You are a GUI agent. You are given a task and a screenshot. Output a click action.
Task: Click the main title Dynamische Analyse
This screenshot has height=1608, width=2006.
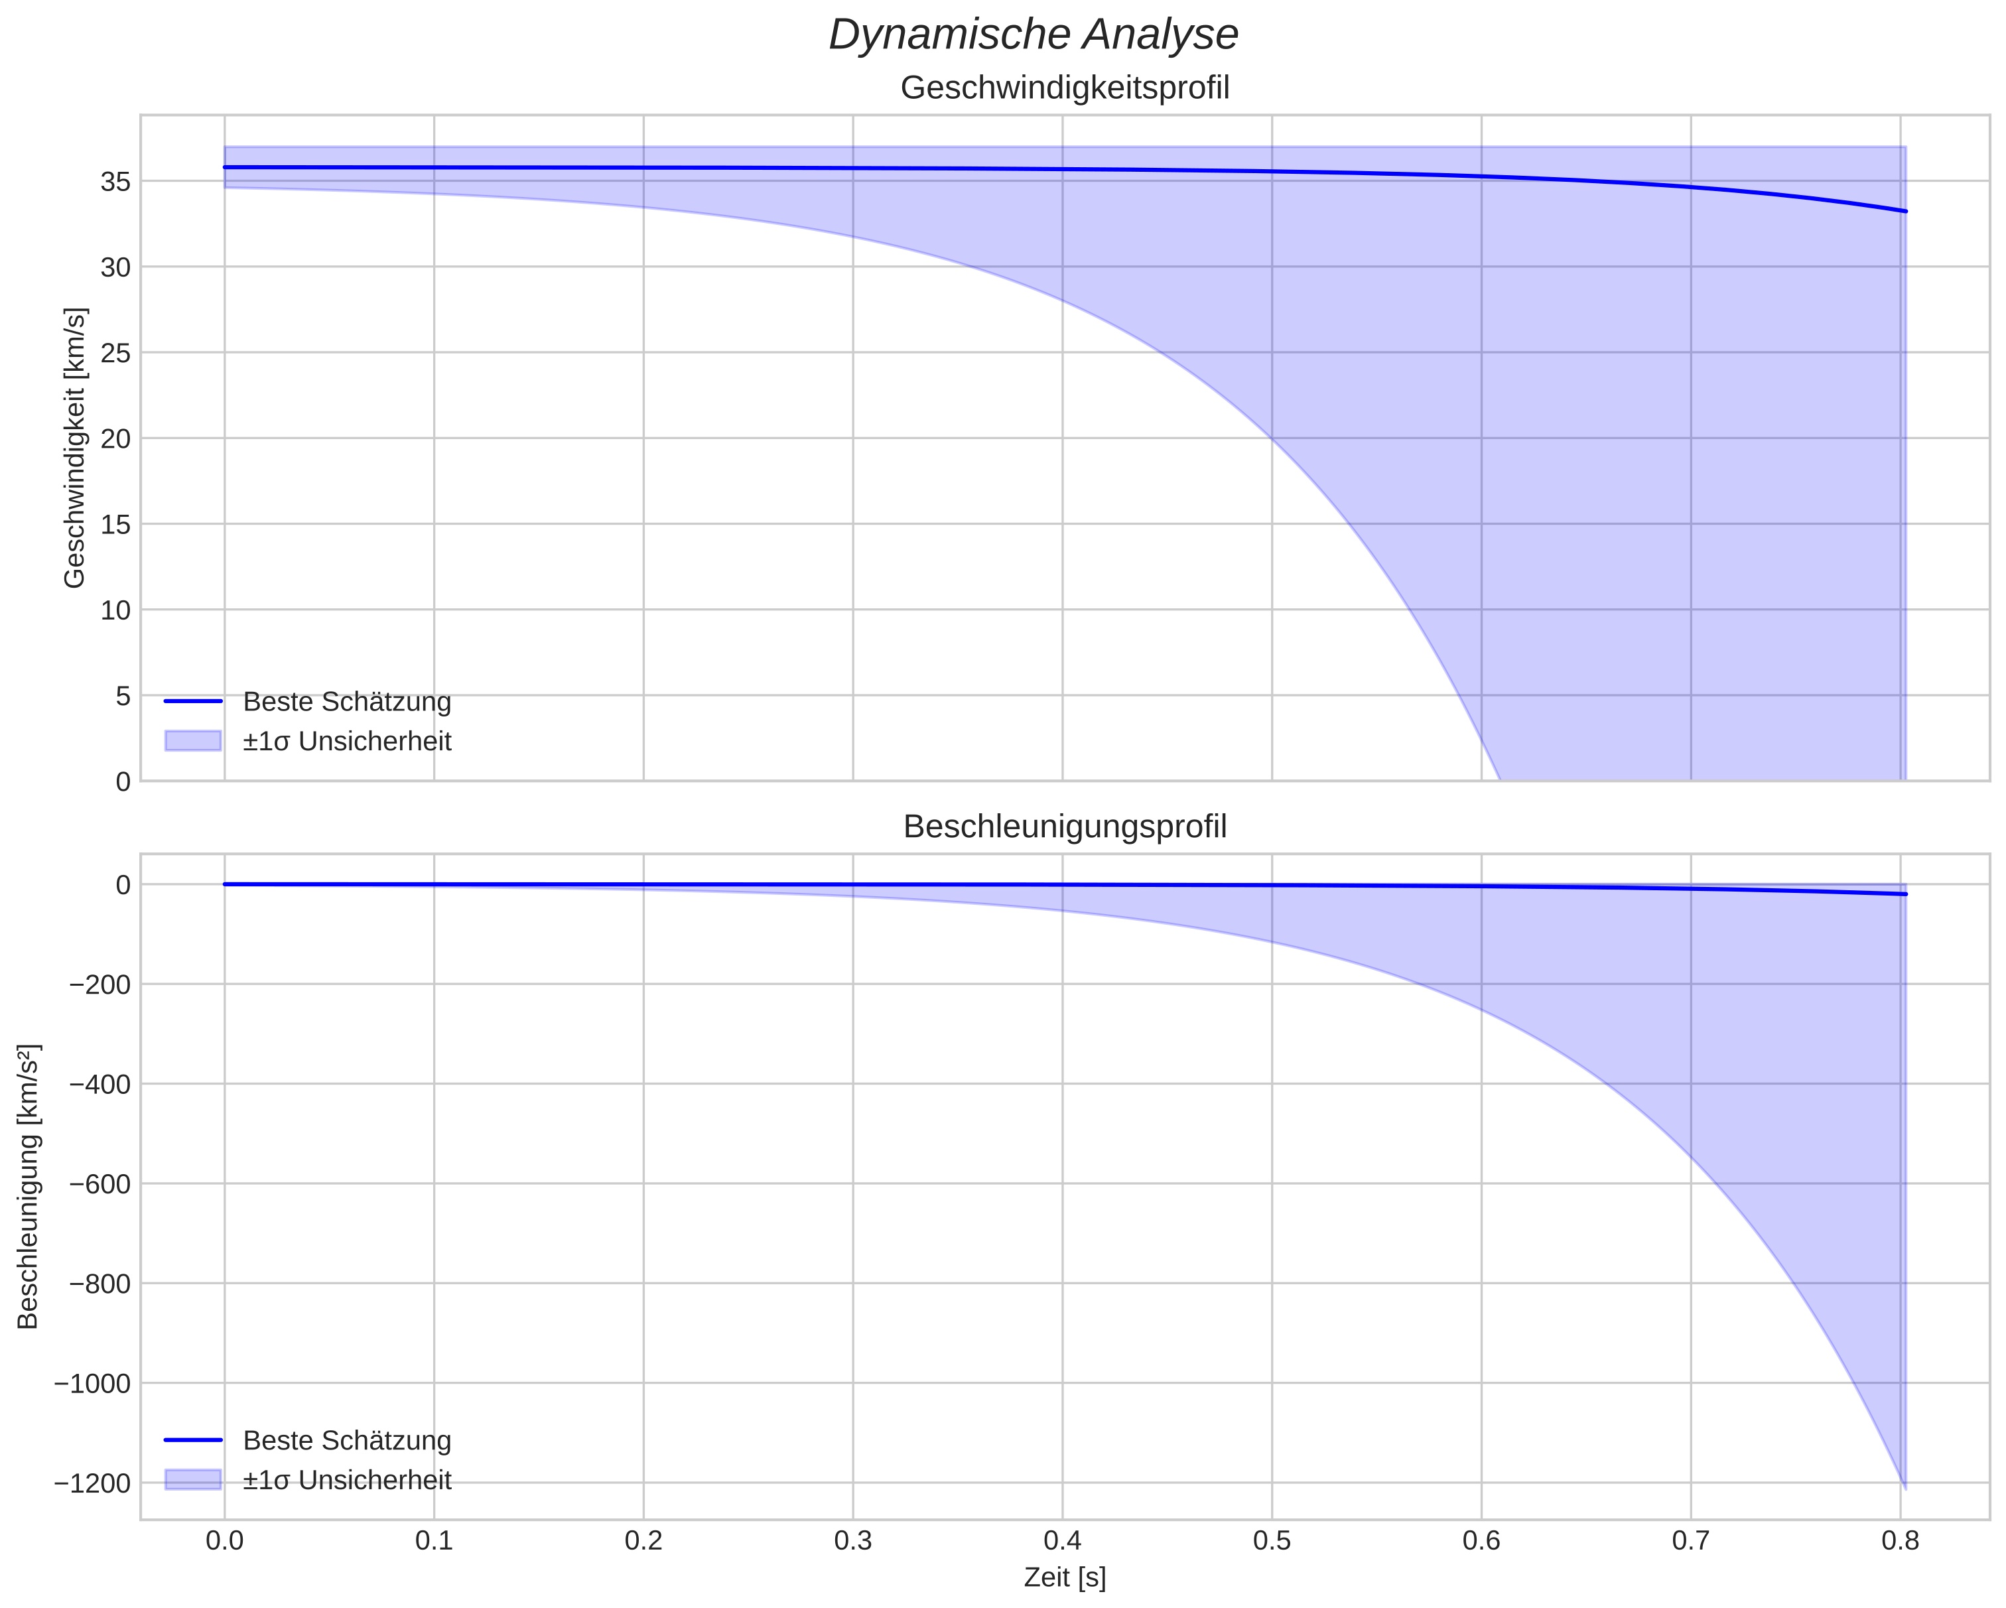click(1033, 35)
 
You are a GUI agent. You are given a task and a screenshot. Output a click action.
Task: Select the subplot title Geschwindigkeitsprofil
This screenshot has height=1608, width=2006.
click(1065, 88)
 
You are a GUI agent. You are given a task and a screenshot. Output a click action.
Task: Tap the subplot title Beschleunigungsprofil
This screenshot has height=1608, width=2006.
click(1065, 827)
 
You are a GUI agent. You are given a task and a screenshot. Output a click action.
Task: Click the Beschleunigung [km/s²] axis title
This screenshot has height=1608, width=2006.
click(28, 1187)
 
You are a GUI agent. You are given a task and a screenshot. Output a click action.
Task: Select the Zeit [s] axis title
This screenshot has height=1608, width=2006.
click(1065, 1577)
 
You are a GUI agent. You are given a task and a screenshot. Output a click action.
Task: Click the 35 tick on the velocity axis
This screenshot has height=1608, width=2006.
click(115, 182)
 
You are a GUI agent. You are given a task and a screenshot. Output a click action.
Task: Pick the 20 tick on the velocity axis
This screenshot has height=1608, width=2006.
click(115, 439)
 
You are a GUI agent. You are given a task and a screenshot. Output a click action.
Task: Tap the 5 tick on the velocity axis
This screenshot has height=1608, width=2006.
click(123, 696)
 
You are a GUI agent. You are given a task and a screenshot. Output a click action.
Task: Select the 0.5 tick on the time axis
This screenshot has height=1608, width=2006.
click(1272, 1540)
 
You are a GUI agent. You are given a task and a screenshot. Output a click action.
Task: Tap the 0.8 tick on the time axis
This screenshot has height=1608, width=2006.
click(1901, 1540)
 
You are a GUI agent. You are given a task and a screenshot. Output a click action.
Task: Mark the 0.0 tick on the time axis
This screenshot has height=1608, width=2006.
click(224, 1540)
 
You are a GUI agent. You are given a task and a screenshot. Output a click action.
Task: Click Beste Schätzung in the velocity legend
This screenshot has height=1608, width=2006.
click(347, 702)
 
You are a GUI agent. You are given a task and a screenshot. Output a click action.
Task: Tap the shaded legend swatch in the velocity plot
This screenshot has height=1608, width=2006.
click(192, 741)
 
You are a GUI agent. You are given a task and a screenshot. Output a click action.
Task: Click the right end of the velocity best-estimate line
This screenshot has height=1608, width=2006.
click(1905, 211)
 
